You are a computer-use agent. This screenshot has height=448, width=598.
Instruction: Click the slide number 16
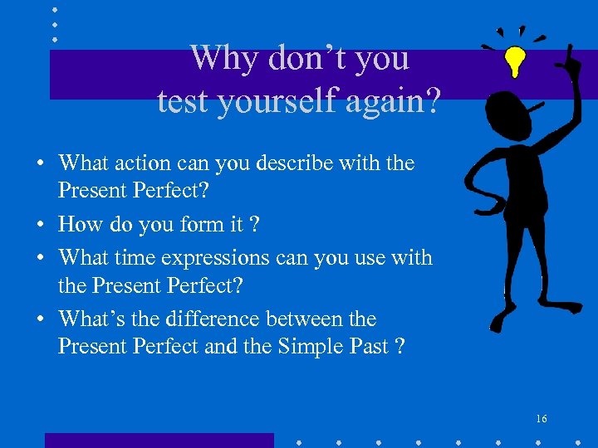click(x=542, y=419)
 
